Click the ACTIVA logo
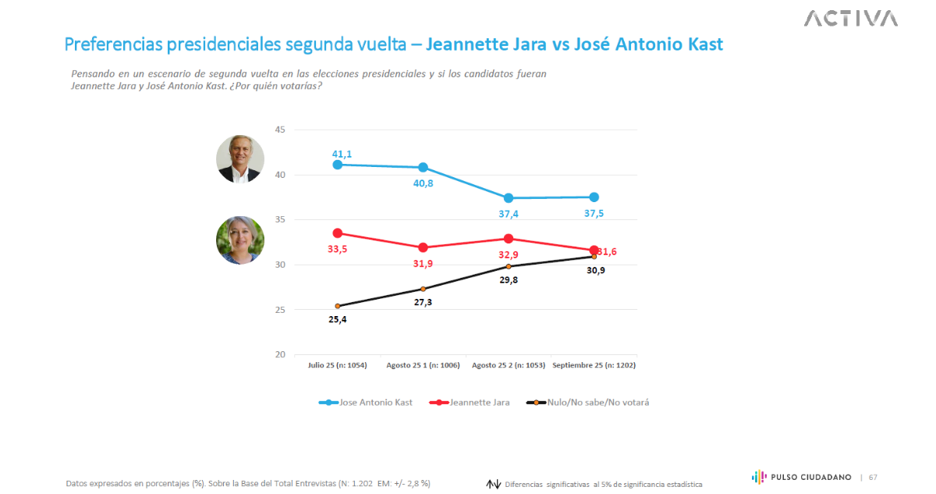pos(851,18)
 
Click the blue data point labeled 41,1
pos(338,165)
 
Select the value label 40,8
pos(423,184)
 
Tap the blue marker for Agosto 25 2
pos(509,198)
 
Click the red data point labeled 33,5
pos(338,233)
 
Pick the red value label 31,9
pos(423,264)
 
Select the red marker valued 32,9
pos(509,239)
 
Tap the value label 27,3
pos(423,301)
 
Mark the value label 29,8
pos(509,279)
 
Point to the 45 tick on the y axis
pos(280,130)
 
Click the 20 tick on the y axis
pos(280,354)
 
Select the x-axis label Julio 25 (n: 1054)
pos(338,365)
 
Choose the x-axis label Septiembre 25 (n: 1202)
pos(594,365)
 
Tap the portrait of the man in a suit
pos(239,159)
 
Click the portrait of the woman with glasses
pos(239,240)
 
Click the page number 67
pos(873,477)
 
